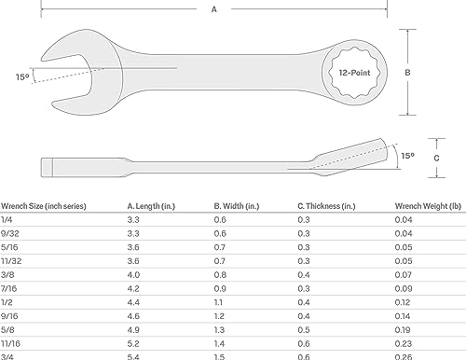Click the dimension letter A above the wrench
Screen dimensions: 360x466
click(x=213, y=9)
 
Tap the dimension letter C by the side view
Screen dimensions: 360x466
click(x=426, y=158)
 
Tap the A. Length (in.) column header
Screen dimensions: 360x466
click(x=157, y=205)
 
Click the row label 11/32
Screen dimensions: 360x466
click(x=12, y=264)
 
